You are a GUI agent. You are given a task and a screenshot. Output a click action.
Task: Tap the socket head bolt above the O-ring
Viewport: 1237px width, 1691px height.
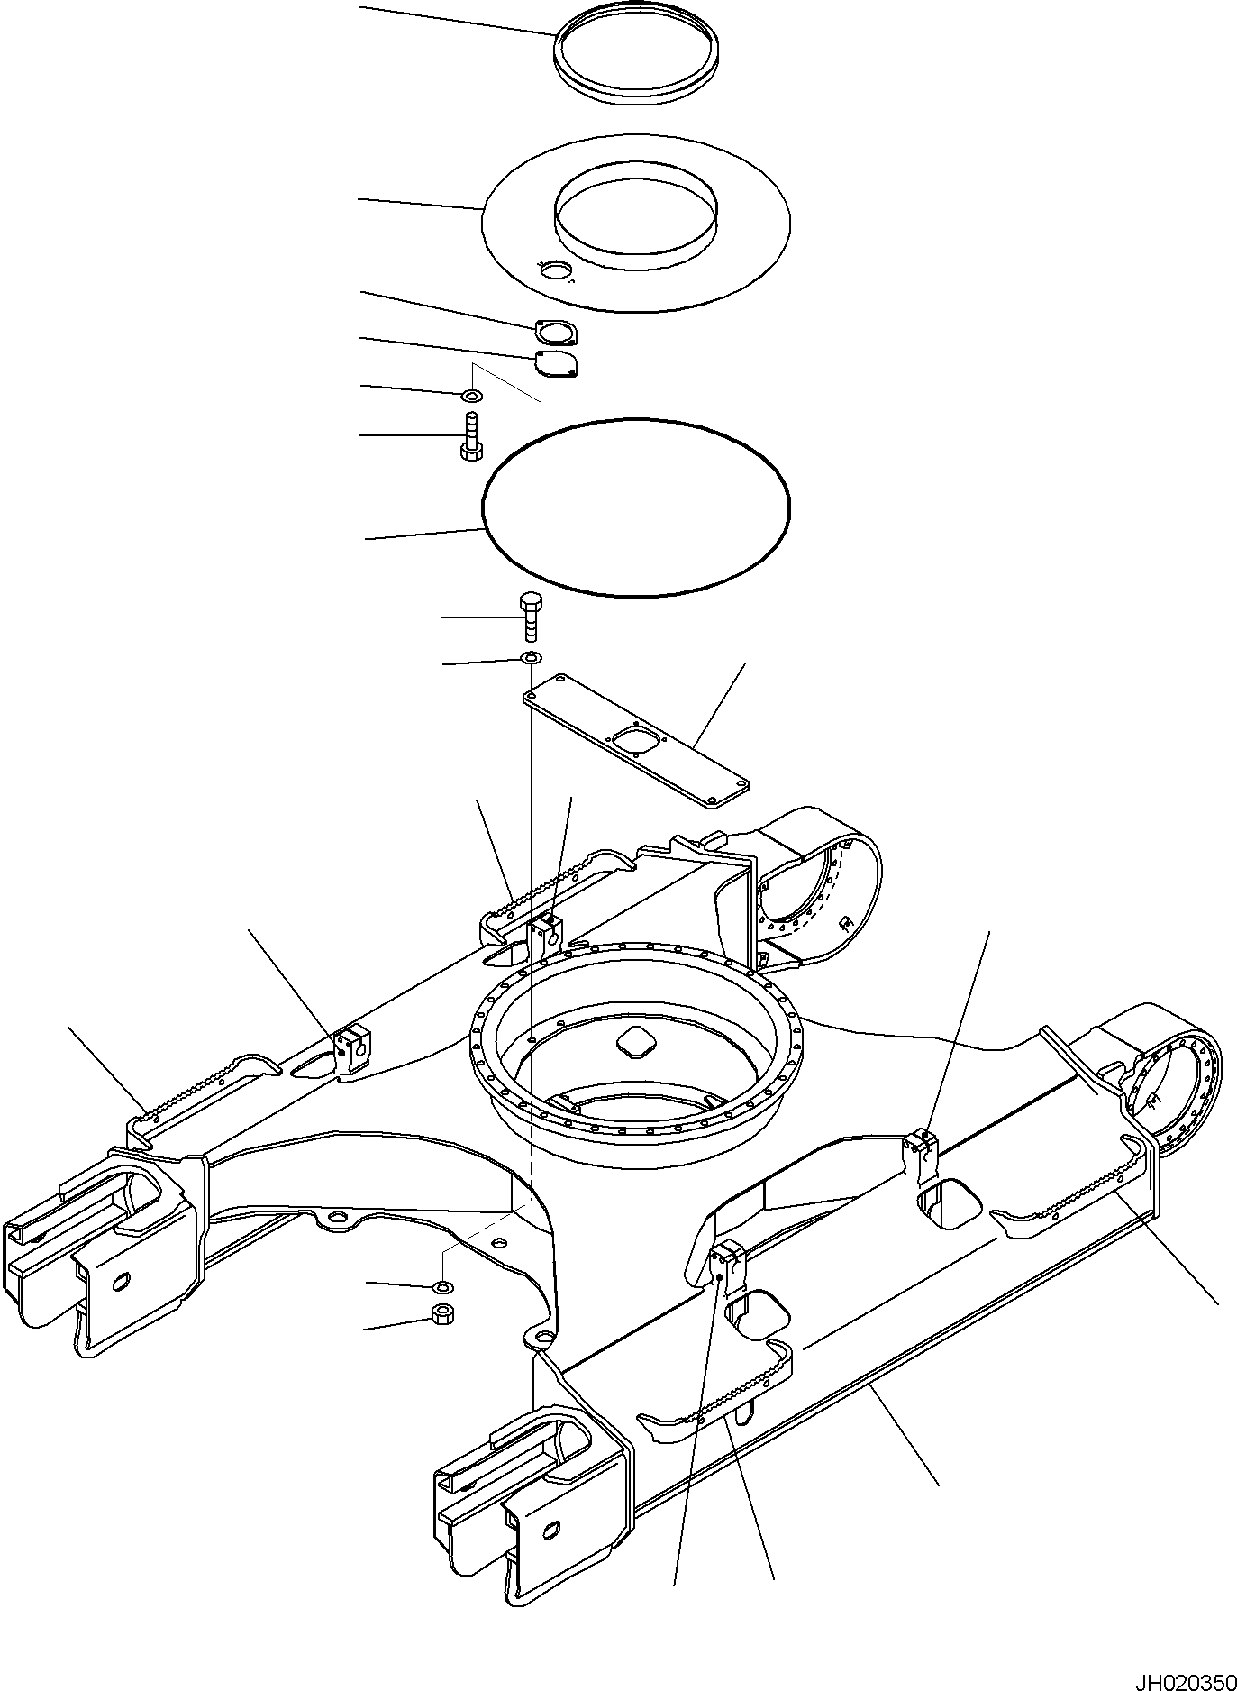[x=470, y=437]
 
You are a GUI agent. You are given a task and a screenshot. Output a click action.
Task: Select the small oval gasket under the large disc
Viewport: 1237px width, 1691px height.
[x=556, y=334]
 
